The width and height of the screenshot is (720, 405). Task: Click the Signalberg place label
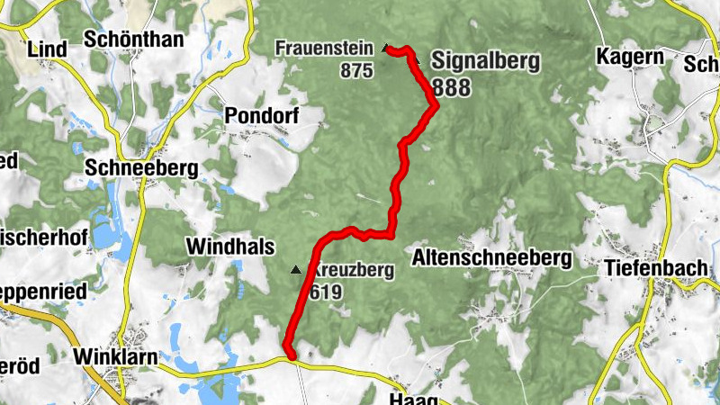(x=485, y=61)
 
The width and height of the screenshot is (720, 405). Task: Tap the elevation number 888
(x=451, y=86)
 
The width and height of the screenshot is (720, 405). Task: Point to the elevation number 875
(x=356, y=70)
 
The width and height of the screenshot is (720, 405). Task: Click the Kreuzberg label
(x=351, y=270)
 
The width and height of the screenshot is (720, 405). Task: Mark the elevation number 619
(x=325, y=292)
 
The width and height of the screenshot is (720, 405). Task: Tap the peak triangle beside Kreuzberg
(x=294, y=269)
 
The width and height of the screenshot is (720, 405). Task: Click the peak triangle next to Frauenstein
(x=385, y=48)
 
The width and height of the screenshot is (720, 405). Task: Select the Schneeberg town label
(x=147, y=167)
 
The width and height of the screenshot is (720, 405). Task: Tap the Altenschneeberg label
(x=491, y=258)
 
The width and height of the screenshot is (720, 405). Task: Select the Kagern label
(x=630, y=57)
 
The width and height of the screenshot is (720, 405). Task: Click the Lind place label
(x=48, y=48)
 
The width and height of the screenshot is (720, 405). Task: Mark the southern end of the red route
(x=290, y=355)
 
